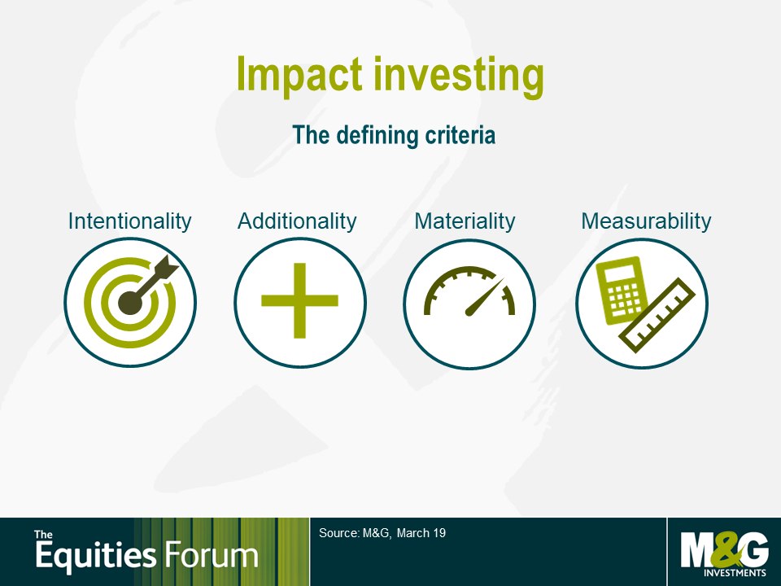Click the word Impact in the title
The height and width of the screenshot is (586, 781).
[299, 74]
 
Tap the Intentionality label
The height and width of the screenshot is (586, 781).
[129, 221]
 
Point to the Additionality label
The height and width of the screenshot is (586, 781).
[298, 221]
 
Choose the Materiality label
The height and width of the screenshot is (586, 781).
[465, 221]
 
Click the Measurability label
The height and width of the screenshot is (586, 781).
[646, 221]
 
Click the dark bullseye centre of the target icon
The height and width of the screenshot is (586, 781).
[130, 303]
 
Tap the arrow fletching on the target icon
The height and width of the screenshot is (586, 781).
[166, 267]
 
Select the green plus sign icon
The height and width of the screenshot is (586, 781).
[300, 300]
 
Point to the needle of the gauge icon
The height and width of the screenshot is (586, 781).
[484, 297]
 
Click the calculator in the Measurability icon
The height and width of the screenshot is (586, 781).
[622, 290]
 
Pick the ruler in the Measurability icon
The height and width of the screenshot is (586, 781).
[657, 316]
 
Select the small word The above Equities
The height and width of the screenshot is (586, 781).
[43, 535]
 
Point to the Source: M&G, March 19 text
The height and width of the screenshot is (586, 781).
[382, 533]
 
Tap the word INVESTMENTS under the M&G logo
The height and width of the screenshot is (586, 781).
[735, 572]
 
